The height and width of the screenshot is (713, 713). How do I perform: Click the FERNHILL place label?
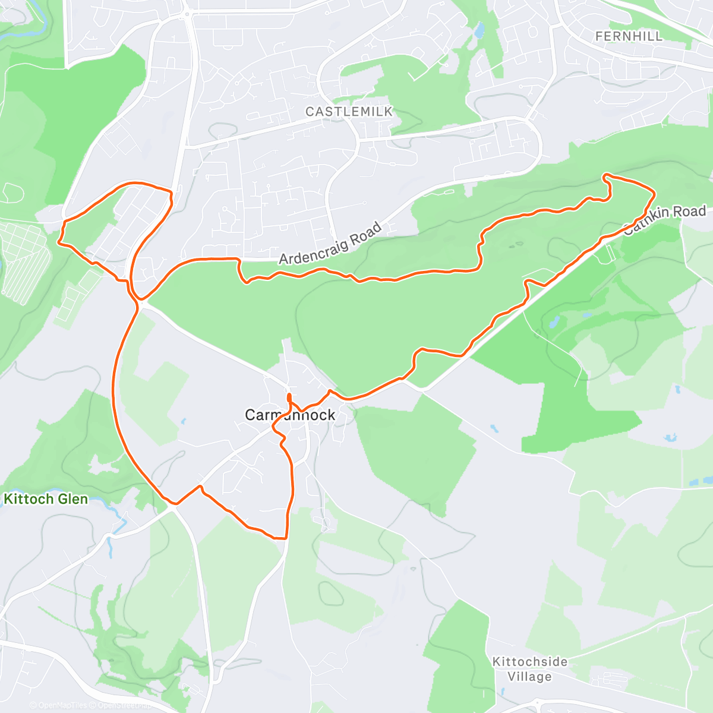tap(629, 36)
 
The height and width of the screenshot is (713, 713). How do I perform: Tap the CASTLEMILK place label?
tap(349, 112)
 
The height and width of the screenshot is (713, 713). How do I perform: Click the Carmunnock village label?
tap(290, 415)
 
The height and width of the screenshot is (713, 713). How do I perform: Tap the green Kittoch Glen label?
tap(46, 499)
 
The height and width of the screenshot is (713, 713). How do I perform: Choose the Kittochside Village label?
tap(529, 669)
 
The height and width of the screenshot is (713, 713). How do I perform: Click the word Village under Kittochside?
tap(529, 677)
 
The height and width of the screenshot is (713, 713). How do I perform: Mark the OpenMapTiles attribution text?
tap(62, 705)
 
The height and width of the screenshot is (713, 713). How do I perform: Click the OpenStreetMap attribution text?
tap(123, 705)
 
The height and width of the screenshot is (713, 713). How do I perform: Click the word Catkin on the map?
tap(639, 222)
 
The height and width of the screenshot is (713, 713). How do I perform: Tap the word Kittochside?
tap(529, 661)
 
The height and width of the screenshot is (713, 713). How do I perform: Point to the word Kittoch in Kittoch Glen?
tap(29, 499)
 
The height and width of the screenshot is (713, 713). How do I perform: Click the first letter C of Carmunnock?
tap(250, 415)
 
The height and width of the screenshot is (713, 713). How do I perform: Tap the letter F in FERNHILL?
tap(598, 36)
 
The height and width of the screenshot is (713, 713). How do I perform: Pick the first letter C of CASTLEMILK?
tap(310, 112)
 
